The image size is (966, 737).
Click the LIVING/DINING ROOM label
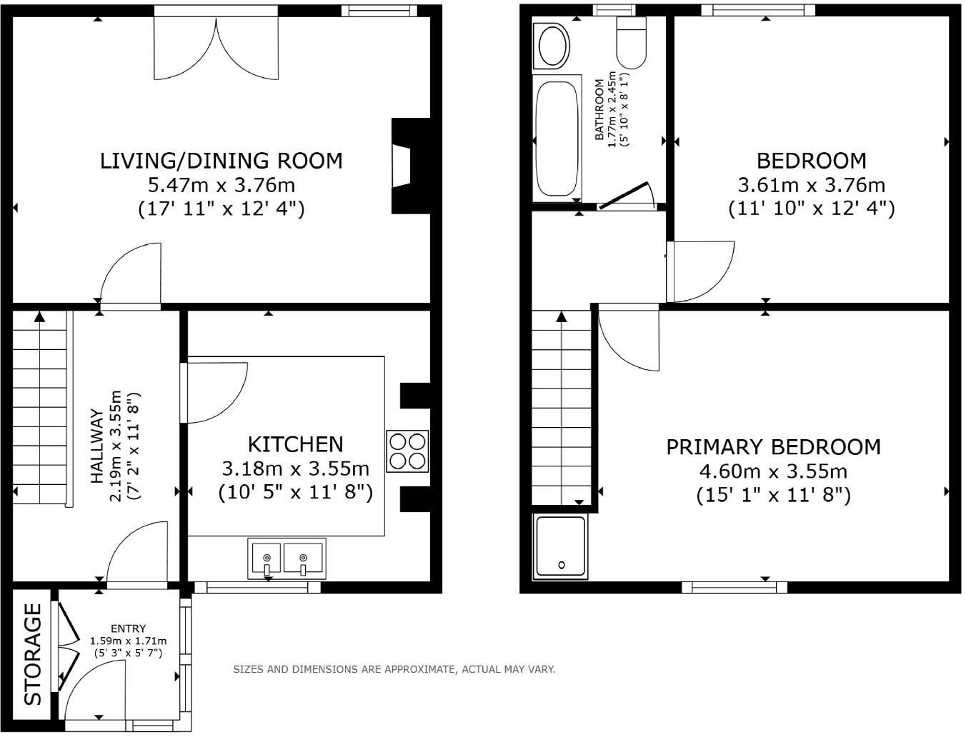(221, 161)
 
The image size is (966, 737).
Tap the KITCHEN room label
(295, 444)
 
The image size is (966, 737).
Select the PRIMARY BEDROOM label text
(773, 447)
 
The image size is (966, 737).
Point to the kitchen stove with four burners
(408, 451)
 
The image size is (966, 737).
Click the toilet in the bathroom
(632, 42)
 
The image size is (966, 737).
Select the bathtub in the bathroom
(557, 138)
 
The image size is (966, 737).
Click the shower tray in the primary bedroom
(561, 546)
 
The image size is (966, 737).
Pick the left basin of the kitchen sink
(267, 558)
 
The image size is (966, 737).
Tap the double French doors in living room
(216, 46)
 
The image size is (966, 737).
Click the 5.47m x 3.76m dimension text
(221, 185)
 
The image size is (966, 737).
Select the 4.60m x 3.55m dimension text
(773, 471)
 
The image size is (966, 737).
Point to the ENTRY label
(129, 628)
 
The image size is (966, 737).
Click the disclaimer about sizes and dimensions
(394, 669)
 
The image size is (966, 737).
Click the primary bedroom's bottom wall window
(734, 587)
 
